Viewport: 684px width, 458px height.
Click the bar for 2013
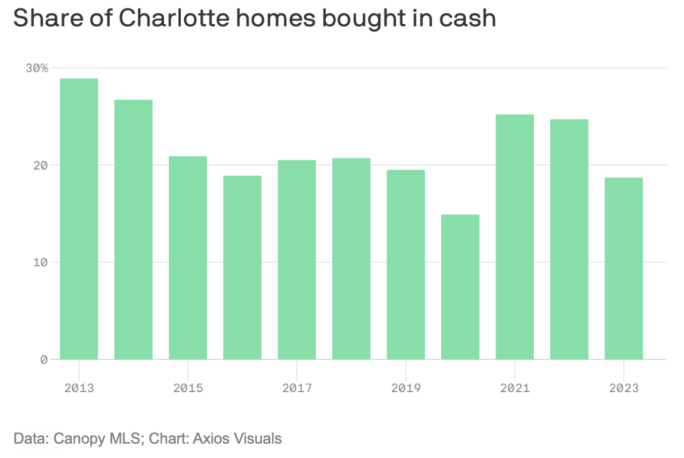point(79,219)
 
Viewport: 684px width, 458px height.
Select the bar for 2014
point(133,230)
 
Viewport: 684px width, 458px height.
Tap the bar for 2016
point(242,267)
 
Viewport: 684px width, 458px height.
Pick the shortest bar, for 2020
point(460,287)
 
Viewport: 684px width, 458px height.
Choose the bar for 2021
point(515,237)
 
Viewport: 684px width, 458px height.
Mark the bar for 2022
point(569,239)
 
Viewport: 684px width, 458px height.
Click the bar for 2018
point(351,258)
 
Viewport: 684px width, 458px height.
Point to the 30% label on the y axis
point(37,68)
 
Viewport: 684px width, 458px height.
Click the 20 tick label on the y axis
point(40,165)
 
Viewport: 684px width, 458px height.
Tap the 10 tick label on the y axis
point(40,262)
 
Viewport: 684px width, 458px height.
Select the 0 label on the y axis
point(44,359)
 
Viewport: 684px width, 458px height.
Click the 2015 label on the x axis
point(188,388)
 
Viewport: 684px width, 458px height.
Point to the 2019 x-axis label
point(406,388)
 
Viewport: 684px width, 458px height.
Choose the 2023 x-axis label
point(624,388)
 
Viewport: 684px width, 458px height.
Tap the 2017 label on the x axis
point(297,388)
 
